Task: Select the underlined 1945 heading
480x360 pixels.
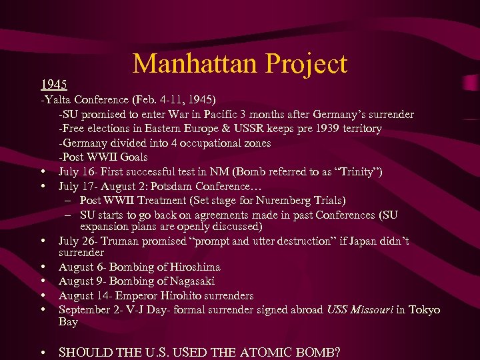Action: pos(53,85)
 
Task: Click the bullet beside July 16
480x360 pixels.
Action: pos(43,172)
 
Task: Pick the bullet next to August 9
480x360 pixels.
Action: pos(43,282)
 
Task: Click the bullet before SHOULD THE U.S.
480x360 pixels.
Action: pos(43,353)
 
